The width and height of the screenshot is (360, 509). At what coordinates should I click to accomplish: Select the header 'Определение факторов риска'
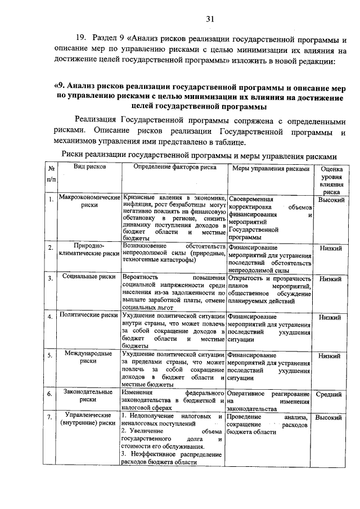[174, 168]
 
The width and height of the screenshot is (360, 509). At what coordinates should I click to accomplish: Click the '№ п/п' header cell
[51, 174]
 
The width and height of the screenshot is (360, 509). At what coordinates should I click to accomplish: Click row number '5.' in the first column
[51, 355]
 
